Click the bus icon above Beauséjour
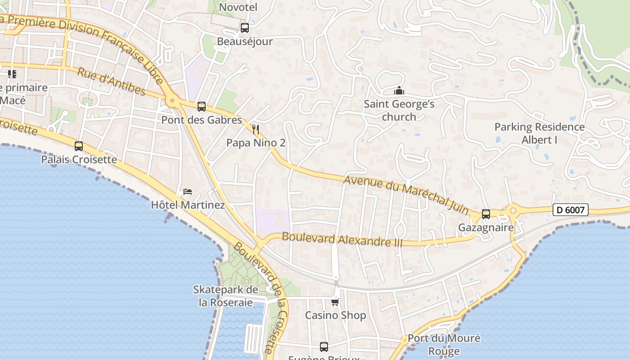[x=245, y=28]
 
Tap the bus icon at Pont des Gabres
[x=202, y=107]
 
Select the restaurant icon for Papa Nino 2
[x=256, y=130]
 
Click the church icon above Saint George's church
[x=399, y=91]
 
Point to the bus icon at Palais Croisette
[x=79, y=146]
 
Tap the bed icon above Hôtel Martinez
[x=188, y=192]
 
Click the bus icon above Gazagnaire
[x=486, y=214]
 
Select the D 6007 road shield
[x=570, y=210]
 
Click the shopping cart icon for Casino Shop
[x=335, y=302]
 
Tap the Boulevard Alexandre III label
[x=342, y=239]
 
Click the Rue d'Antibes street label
[x=111, y=81]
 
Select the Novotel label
[x=238, y=7]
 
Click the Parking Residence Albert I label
[x=540, y=133]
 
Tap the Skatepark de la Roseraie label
[x=226, y=296]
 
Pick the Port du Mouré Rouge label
[x=444, y=344]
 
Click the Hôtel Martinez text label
[x=188, y=205]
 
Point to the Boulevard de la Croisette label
[x=260, y=297]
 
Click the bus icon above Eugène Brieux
[x=324, y=347]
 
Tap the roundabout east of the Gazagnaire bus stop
[x=513, y=210]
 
